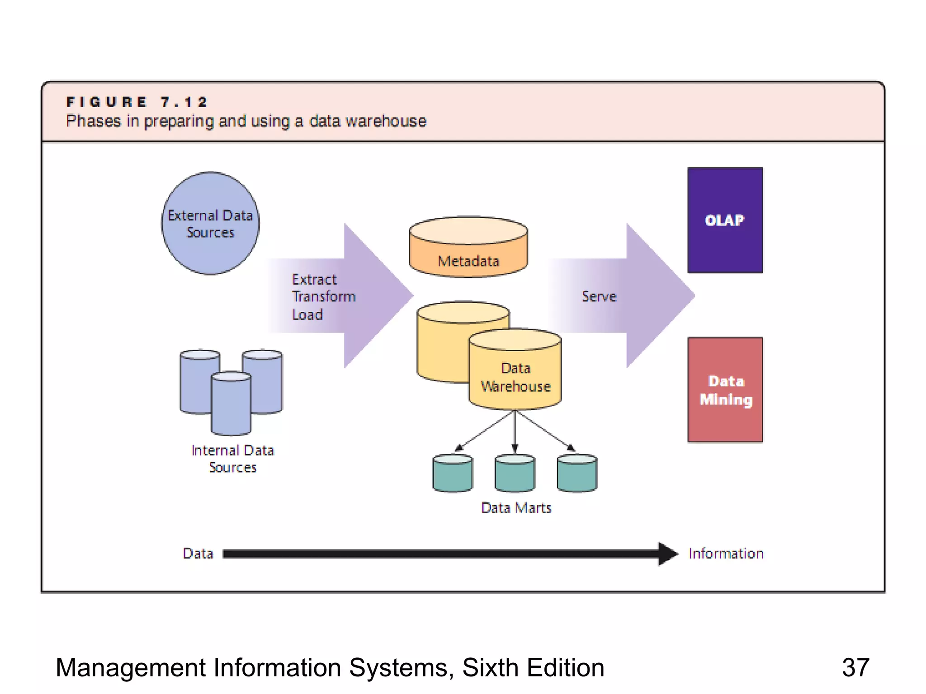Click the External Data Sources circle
(x=210, y=223)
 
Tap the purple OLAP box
(x=725, y=220)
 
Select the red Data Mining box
(x=725, y=389)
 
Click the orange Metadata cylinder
(x=468, y=253)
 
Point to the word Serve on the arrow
(x=599, y=296)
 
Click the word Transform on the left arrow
(x=324, y=296)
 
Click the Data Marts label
(x=516, y=508)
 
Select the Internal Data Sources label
(x=232, y=459)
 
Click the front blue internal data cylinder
(x=231, y=404)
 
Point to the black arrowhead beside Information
(x=667, y=553)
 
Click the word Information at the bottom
(x=726, y=553)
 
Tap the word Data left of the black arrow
(x=198, y=553)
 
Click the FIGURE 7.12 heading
(x=137, y=102)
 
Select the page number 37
(x=855, y=667)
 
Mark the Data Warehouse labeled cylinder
(x=515, y=377)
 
